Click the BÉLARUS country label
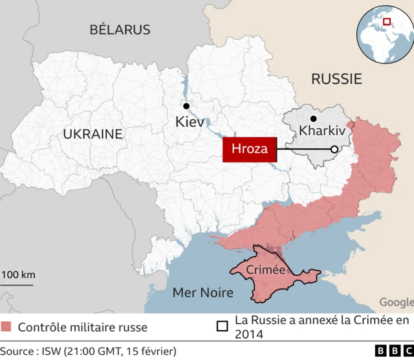(x=120, y=30)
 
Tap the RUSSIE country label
(x=336, y=79)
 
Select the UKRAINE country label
(x=93, y=134)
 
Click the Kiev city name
(x=190, y=121)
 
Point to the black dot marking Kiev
(x=186, y=106)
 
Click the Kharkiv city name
(x=323, y=131)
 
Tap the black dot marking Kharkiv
(x=313, y=118)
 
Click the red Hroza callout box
(x=250, y=150)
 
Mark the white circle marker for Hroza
(x=334, y=150)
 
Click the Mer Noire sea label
(x=202, y=293)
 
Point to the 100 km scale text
(x=17, y=275)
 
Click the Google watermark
(x=395, y=302)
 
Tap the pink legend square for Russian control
(x=6, y=326)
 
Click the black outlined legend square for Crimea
(x=223, y=326)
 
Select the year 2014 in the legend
(x=250, y=334)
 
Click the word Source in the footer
(x=19, y=351)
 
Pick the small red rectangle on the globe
(x=387, y=21)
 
